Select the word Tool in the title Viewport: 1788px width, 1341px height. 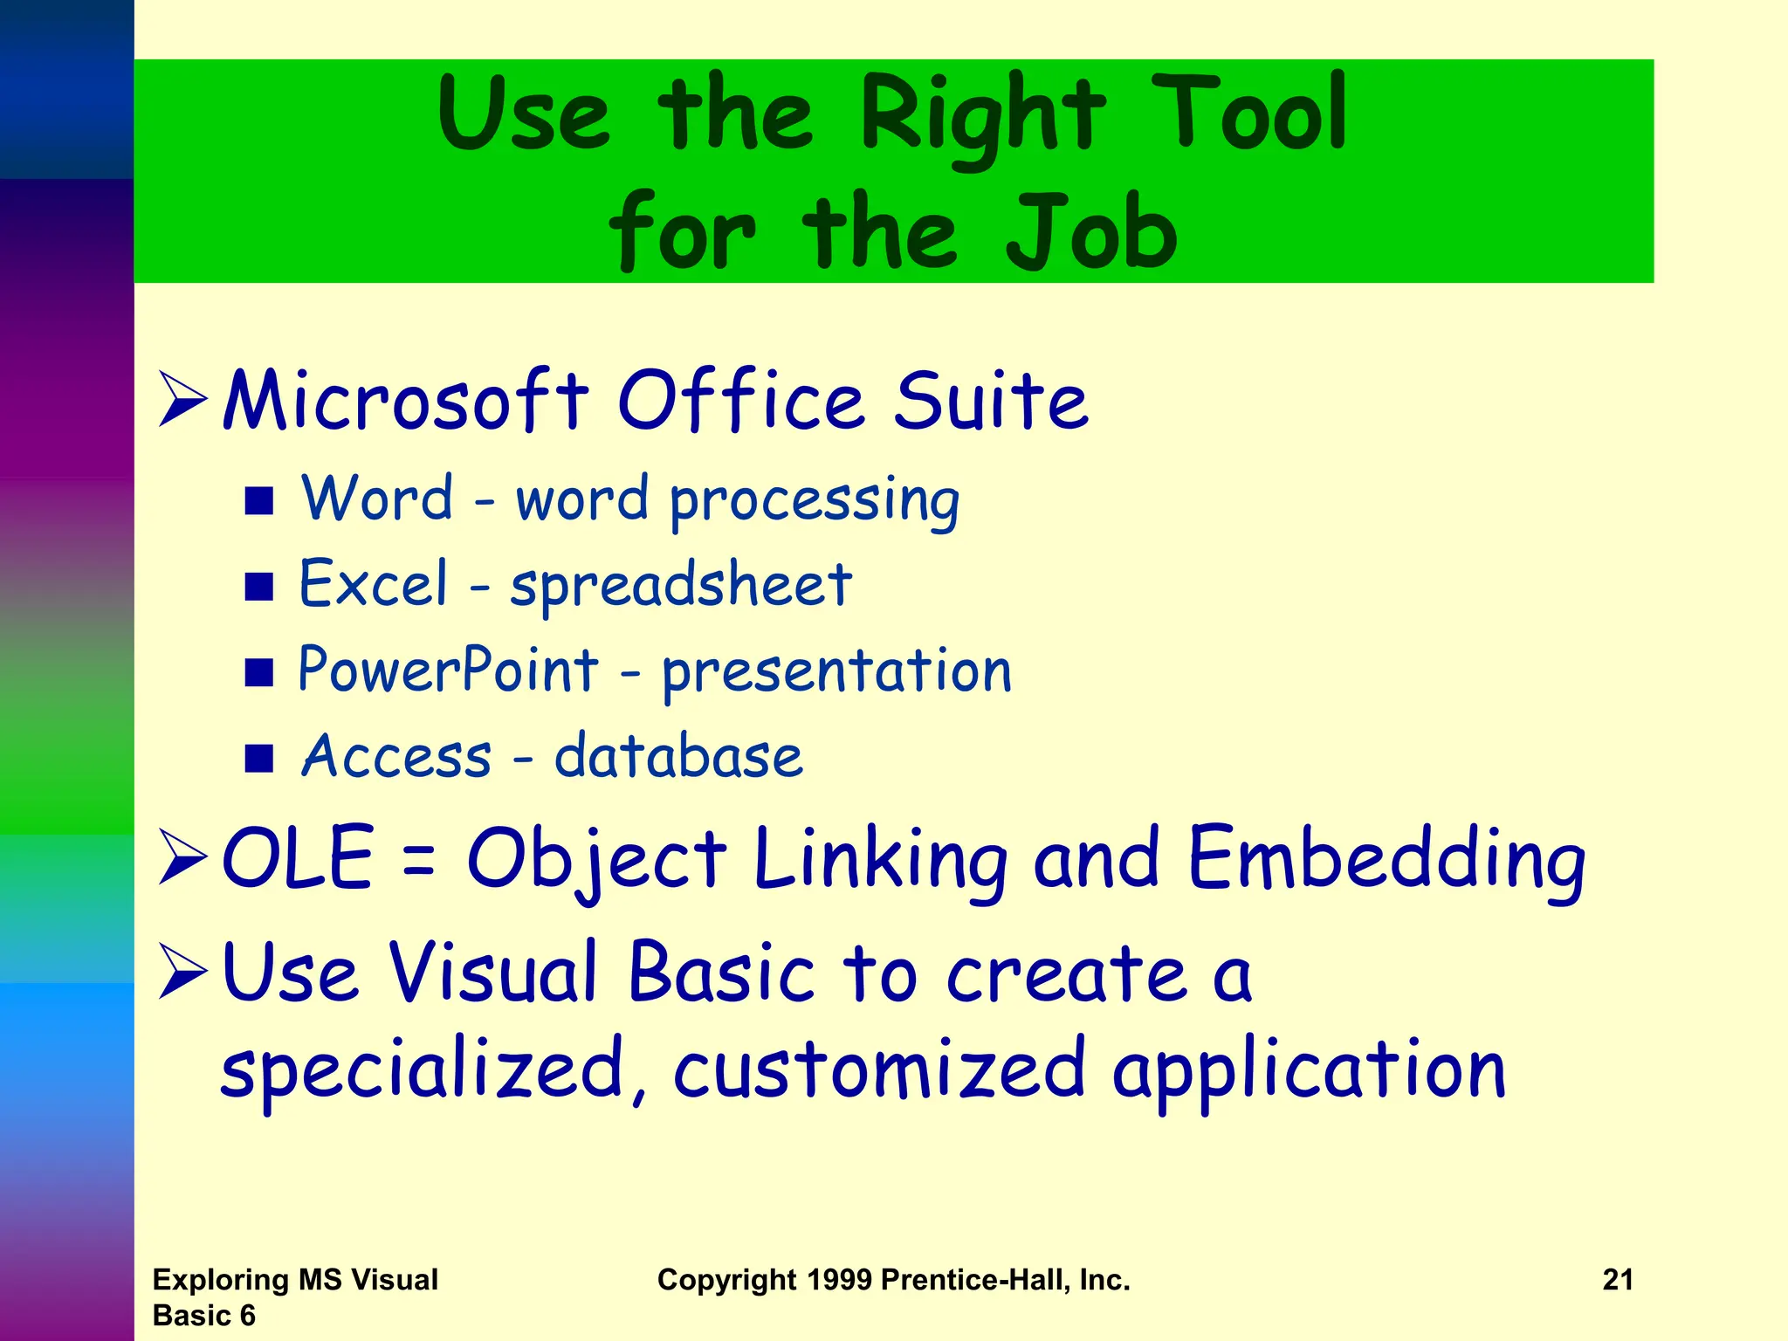[x=1248, y=113]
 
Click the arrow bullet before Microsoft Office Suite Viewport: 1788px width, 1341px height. [x=182, y=400]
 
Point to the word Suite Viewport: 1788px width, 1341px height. [x=991, y=401]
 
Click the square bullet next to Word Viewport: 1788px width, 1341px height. [x=259, y=501]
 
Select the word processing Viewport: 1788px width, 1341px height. [x=814, y=501]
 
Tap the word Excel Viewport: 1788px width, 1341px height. [x=374, y=584]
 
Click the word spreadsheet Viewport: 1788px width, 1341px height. [x=681, y=585]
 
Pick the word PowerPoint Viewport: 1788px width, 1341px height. [x=448, y=670]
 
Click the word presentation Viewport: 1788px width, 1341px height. [x=836, y=670]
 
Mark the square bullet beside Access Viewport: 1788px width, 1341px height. [x=259, y=759]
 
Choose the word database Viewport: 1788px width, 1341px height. [x=678, y=756]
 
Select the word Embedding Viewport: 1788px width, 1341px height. [x=1386, y=860]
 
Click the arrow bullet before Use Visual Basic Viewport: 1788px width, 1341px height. [x=182, y=972]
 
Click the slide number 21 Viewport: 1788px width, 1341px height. [x=1618, y=1280]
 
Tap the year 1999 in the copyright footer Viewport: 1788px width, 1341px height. [x=839, y=1280]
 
